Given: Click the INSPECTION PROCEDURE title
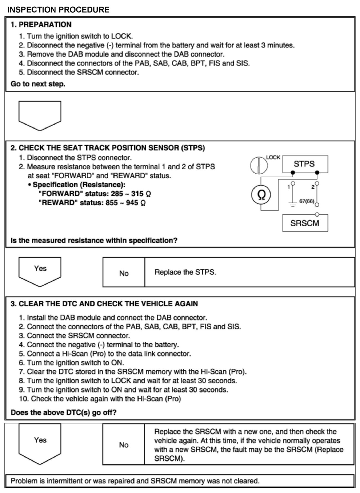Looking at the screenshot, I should [x=58, y=10].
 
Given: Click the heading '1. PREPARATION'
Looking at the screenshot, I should [x=41, y=24].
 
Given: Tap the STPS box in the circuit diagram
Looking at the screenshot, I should [x=305, y=164].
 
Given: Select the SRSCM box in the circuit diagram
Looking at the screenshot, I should [x=305, y=223].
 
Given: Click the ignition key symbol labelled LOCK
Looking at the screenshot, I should [x=259, y=165].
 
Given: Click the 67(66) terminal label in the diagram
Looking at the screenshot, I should [x=307, y=201].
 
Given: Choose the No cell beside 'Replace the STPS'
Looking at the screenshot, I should [x=124, y=273].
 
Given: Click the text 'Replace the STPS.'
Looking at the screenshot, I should [x=185, y=272].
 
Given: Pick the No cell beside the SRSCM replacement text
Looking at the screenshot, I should [x=123, y=445].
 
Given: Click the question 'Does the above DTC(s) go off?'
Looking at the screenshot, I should [x=63, y=412].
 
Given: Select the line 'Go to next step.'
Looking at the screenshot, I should [x=38, y=84].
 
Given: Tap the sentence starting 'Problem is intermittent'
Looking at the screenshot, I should [x=135, y=481].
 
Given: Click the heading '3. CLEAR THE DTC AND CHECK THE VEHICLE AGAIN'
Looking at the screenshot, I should [x=104, y=304].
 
